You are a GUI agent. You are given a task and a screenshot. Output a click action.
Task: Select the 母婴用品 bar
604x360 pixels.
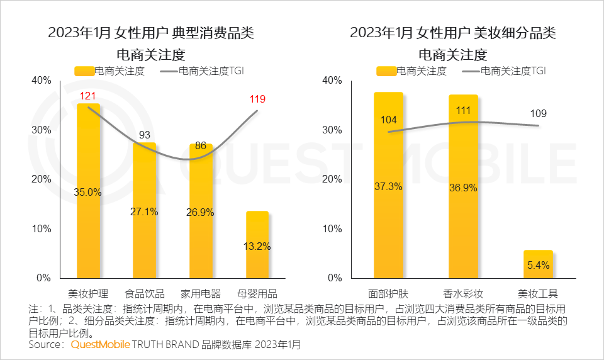pos(257,245)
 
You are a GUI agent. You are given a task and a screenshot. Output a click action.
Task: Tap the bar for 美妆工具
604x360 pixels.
pos(538,264)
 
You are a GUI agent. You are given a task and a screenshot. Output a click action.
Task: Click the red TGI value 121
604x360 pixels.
pos(87,96)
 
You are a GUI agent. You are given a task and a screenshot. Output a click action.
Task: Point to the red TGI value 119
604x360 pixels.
pos(257,99)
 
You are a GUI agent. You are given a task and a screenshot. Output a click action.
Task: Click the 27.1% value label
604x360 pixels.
pos(145,211)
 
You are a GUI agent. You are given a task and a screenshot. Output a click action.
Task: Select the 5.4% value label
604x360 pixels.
pos(538,265)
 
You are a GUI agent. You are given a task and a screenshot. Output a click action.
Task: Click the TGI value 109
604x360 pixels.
pos(538,114)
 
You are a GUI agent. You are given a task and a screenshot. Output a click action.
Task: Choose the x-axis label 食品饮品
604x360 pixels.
pos(145,293)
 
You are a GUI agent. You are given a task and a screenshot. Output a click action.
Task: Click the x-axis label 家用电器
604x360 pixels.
pos(201,293)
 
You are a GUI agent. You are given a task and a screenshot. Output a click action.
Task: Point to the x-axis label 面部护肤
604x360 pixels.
pos(388,293)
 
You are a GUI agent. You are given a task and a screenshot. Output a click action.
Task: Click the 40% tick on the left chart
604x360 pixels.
pos(41,81)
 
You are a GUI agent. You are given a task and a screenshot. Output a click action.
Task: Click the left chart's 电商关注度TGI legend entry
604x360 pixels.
pos(201,70)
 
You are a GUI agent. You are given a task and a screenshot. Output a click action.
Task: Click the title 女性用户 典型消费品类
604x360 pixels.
pos(151,33)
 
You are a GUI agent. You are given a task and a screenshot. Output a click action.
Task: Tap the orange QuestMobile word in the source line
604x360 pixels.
pos(100,345)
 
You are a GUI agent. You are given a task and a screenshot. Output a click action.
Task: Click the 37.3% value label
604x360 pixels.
pos(388,186)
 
